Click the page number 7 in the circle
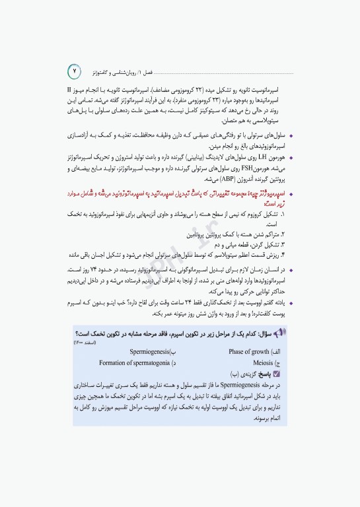[x=75, y=69]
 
